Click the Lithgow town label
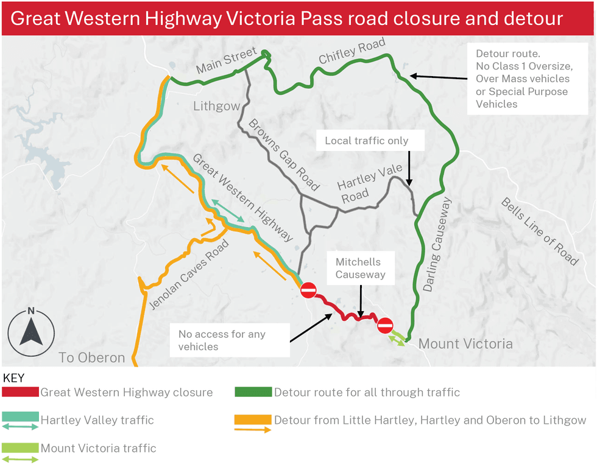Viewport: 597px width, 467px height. coord(216,107)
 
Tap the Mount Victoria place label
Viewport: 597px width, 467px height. coord(465,344)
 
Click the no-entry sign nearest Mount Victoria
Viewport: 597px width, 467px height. coord(385,326)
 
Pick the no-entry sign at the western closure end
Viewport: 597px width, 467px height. coord(308,290)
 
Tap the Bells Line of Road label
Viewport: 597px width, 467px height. coord(539,231)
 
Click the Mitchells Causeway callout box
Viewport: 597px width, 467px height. coord(361,269)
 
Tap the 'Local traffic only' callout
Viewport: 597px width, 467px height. coord(366,141)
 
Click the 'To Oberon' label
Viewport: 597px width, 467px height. coord(91,357)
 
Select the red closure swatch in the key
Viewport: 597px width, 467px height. coord(21,392)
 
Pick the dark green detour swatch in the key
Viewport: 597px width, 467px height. coord(253,392)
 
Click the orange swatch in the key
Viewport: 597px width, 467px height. coord(253,420)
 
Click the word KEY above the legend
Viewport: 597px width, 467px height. coord(14,377)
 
